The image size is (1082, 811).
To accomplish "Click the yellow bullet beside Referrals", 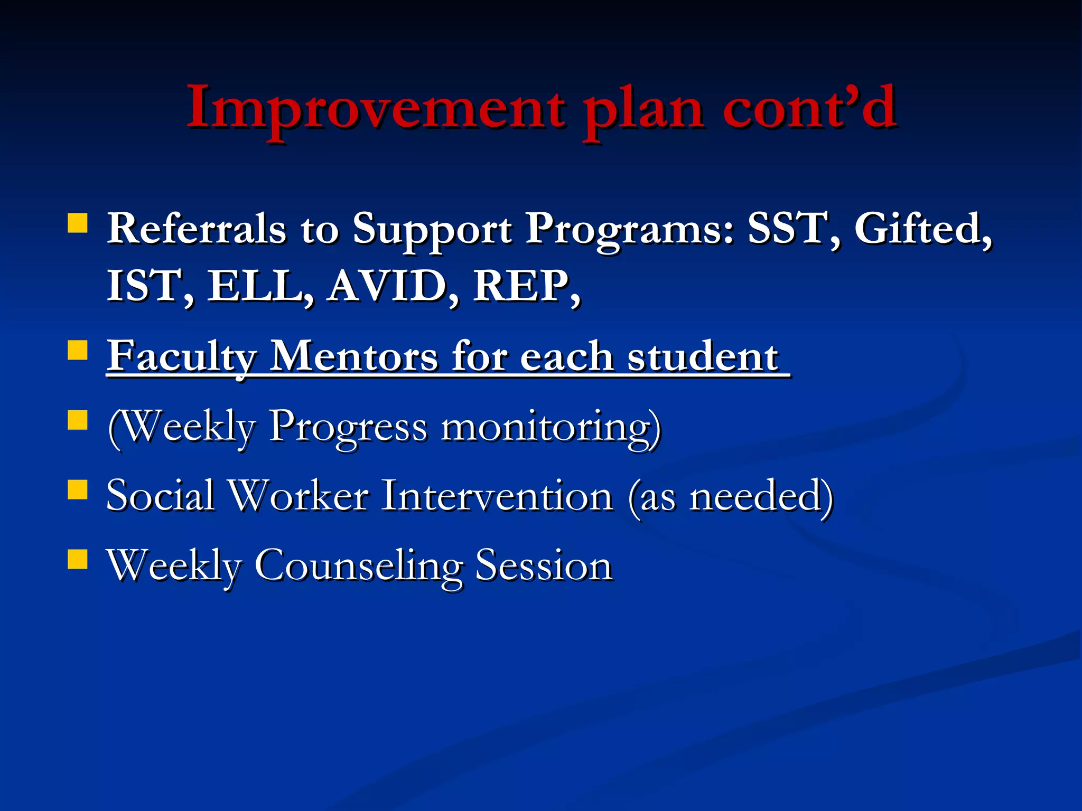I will point(78,223).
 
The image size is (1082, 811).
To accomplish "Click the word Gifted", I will point(922,229).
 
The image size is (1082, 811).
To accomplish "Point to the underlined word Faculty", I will point(182,357).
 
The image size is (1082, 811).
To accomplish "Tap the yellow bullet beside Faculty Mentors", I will point(78,350).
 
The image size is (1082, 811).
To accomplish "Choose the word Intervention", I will point(497,496).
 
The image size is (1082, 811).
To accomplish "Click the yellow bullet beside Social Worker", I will point(78,489).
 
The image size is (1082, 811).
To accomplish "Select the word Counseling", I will point(359,566).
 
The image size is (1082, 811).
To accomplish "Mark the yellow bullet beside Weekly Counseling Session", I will point(78,559).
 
